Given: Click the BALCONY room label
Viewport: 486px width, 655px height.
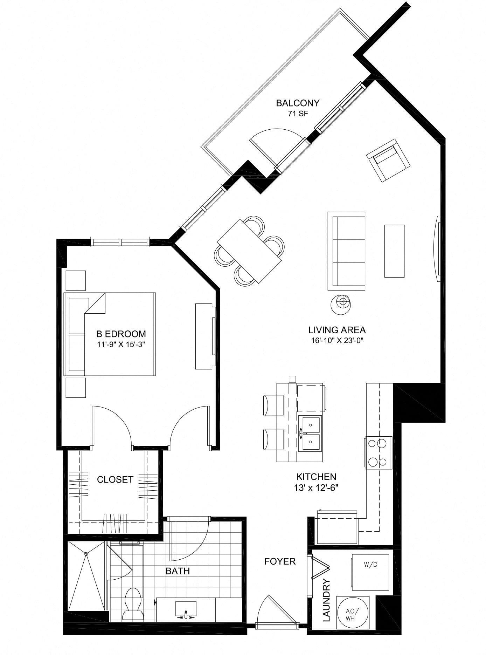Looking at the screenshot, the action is coord(298,103).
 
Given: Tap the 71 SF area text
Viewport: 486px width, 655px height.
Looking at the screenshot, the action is coord(298,114).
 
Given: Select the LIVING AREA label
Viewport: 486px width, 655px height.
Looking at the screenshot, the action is coord(337,330).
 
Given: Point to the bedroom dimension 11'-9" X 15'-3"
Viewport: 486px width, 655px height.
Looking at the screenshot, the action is coord(121,344).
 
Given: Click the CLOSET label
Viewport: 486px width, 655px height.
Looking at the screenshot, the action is coord(115,479).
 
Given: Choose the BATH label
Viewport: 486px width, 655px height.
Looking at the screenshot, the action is coord(178,571).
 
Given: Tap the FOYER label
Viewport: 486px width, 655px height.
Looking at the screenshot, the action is coord(280,561).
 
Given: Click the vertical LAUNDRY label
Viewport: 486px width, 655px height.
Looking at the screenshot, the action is coord(326,600).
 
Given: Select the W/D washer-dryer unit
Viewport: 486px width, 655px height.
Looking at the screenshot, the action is coord(370,572).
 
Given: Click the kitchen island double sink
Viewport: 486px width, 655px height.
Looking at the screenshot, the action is coord(310,434).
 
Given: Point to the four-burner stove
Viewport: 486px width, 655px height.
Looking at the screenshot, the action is coord(379,452).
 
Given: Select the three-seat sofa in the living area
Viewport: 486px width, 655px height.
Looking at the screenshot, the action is coord(346,251).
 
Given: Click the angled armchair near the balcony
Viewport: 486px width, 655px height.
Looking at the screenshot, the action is coord(388,160).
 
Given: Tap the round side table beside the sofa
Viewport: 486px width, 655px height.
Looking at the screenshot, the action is coord(341,302).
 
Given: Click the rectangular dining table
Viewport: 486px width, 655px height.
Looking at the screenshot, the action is coord(249,251).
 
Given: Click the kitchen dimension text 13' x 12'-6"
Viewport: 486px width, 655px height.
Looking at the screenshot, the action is coord(316,487).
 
